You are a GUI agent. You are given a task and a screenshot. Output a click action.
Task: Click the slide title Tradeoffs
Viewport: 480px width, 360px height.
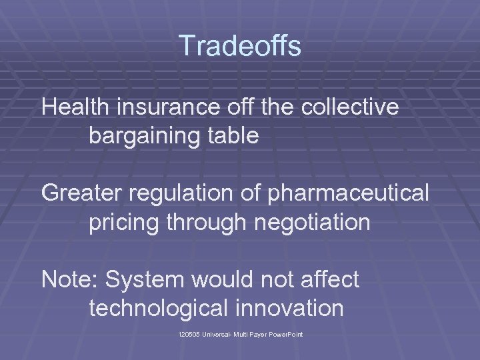(240, 46)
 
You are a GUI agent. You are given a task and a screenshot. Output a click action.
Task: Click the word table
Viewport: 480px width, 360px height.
(233, 136)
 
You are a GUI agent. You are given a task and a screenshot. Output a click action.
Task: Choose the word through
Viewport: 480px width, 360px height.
(205, 222)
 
